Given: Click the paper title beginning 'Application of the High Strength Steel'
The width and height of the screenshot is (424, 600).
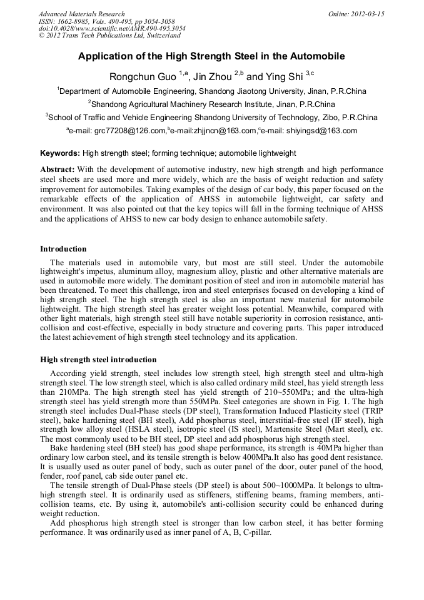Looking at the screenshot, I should click(x=211, y=56).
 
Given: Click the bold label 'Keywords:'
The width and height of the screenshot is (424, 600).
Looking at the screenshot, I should click(x=60, y=153).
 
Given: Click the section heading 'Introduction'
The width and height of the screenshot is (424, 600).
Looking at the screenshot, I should click(x=63, y=249).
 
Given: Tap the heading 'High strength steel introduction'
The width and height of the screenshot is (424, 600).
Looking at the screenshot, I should click(x=98, y=360).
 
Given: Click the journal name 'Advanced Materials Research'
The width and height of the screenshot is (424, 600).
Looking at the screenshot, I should click(x=81, y=14).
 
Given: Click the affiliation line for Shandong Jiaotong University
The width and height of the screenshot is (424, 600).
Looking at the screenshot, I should click(x=211, y=91).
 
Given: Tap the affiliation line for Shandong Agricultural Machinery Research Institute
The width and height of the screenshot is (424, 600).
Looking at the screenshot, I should click(x=211, y=104).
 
